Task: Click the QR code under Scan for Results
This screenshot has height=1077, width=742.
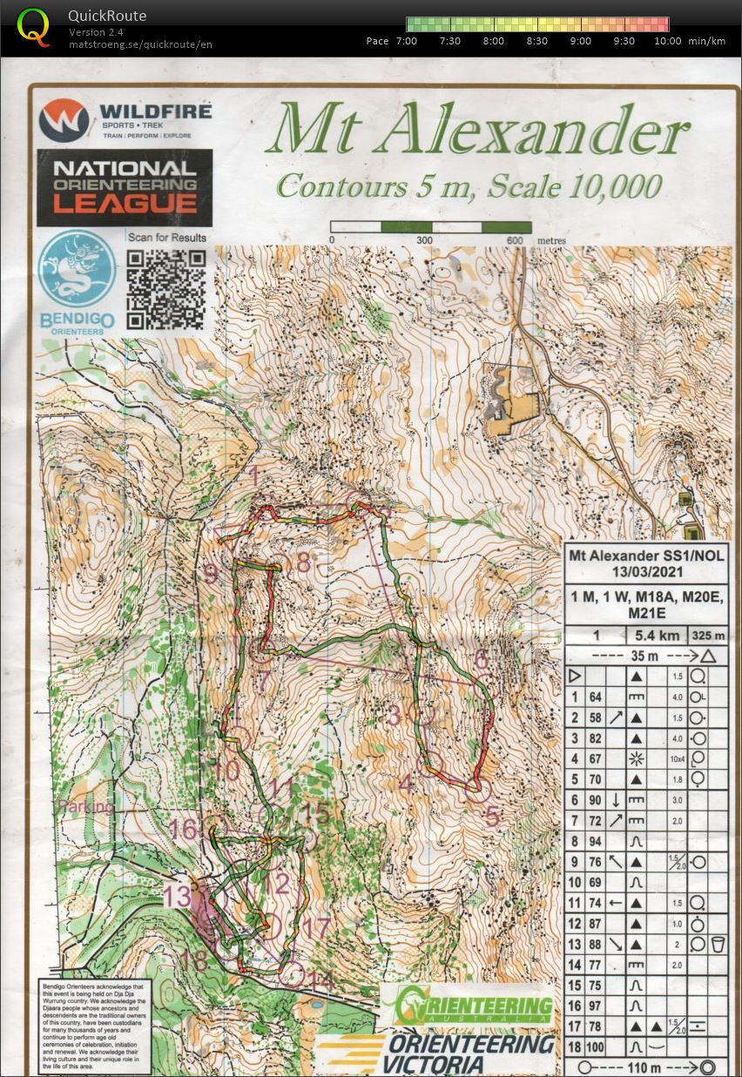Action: tap(165, 290)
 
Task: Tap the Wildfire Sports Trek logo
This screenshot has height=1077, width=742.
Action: tap(125, 120)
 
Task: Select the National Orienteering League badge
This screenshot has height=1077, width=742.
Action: tap(125, 186)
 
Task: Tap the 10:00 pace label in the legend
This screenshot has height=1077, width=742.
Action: tap(668, 41)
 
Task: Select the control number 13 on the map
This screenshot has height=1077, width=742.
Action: tap(177, 896)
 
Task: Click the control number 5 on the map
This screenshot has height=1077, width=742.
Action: tap(492, 817)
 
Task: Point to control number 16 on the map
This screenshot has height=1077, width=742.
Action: tap(184, 829)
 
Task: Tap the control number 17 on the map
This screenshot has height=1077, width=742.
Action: tap(316, 927)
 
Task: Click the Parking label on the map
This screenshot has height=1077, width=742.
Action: tap(85, 807)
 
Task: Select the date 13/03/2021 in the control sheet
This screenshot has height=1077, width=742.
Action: tap(647, 573)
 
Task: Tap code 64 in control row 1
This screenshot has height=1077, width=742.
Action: tap(596, 697)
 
